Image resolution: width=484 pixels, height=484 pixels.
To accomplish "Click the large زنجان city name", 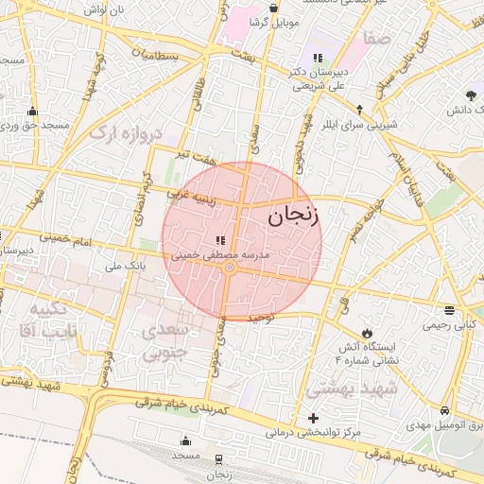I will (x=294, y=216).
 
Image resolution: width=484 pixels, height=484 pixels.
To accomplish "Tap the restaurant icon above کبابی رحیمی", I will (x=448, y=310).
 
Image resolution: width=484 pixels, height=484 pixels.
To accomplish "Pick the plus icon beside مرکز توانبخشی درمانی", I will (x=314, y=418).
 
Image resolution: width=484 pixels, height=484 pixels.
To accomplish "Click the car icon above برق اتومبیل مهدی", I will (x=444, y=411).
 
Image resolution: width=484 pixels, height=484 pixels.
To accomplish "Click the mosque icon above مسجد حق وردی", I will (x=33, y=111).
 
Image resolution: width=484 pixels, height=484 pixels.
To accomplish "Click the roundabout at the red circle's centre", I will (x=230, y=270).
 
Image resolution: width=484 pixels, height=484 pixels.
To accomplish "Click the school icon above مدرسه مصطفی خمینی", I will (x=219, y=241).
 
